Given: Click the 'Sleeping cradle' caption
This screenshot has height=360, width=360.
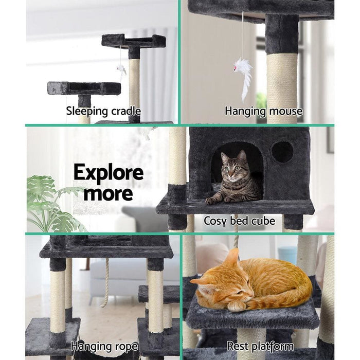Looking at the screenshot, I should [x=103, y=111].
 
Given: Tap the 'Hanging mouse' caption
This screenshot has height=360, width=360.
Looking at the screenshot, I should [x=263, y=111].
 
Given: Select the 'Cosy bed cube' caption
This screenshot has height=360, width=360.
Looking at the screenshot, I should [x=239, y=221].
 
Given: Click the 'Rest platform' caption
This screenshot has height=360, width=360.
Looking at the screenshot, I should [x=260, y=346].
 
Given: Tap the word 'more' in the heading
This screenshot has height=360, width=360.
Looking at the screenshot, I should [x=109, y=193].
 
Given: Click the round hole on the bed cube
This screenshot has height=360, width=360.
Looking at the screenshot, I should [x=282, y=152].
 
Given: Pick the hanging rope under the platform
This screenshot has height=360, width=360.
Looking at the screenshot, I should [x=106, y=282].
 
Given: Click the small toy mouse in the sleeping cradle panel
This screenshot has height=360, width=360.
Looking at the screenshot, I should [x=121, y=69].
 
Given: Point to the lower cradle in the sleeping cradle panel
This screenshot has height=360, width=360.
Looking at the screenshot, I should [x=84, y=88].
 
